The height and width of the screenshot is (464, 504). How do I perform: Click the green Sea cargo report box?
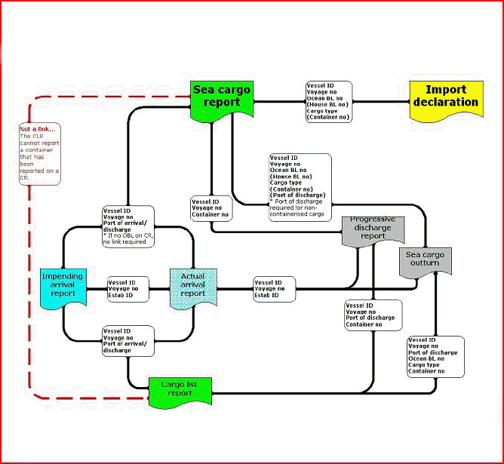click(x=221, y=97)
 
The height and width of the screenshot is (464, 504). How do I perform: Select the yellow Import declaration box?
click(x=446, y=97)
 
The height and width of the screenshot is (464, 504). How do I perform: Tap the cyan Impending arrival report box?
click(x=63, y=287)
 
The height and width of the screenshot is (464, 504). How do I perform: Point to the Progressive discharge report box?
click(x=373, y=229)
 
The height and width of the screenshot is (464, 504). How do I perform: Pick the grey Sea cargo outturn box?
click(x=425, y=261)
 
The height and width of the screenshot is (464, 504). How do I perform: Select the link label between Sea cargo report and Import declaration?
click(x=329, y=102)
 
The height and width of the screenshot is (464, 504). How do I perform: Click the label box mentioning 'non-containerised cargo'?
click(x=300, y=186)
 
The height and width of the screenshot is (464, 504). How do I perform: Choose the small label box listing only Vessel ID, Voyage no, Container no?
click(x=210, y=208)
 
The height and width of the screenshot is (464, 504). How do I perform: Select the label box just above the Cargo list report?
click(x=128, y=340)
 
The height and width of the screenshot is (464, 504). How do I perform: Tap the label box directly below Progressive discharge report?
click(x=373, y=315)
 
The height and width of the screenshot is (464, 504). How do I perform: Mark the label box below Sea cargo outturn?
click(x=435, y=357)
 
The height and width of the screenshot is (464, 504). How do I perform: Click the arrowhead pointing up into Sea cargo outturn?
click(x=435, y=279)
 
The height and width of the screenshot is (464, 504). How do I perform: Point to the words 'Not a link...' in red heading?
click(x=37, y=129)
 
